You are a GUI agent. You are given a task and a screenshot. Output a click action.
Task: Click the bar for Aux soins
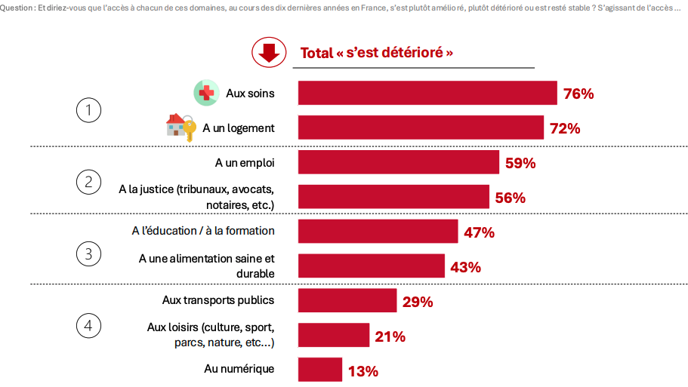(x=427, y=93)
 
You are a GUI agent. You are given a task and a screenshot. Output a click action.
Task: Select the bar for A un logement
(x=421, y=127)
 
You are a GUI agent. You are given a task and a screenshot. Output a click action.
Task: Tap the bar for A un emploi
(x=399, y=162)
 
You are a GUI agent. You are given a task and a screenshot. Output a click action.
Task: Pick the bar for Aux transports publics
(x=347, y=300)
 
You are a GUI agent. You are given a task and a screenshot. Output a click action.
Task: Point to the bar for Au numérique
(x=320, y=370)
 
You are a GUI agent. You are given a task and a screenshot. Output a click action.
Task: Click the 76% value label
(x=579, y=94)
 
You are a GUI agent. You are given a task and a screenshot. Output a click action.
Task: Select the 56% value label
(x=510, y=198)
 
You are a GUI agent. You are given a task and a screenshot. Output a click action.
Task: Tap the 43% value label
(x=465, y=268)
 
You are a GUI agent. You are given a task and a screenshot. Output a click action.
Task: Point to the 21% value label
(x=390, y=336)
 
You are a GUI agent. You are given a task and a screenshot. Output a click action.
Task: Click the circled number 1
(x=88, y=111)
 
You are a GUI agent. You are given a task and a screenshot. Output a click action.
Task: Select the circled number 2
(x=88, y=181)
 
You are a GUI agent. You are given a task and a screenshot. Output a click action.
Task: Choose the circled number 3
(x=88, y=253)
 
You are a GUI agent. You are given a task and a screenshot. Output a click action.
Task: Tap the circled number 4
(x=88, y=326)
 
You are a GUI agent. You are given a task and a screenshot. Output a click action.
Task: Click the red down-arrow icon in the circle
(x=268, y=52)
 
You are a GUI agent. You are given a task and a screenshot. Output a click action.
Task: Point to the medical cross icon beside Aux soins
(x=206, y=93)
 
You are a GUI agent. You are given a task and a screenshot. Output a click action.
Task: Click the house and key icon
(x=180, y=127)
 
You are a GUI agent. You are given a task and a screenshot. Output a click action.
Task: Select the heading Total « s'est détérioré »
(x=377, y=53)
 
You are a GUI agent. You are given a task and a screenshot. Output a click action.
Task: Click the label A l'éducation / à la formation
(x=203, y=230)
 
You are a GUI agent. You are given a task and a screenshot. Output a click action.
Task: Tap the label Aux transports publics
(x=218, y=299)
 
